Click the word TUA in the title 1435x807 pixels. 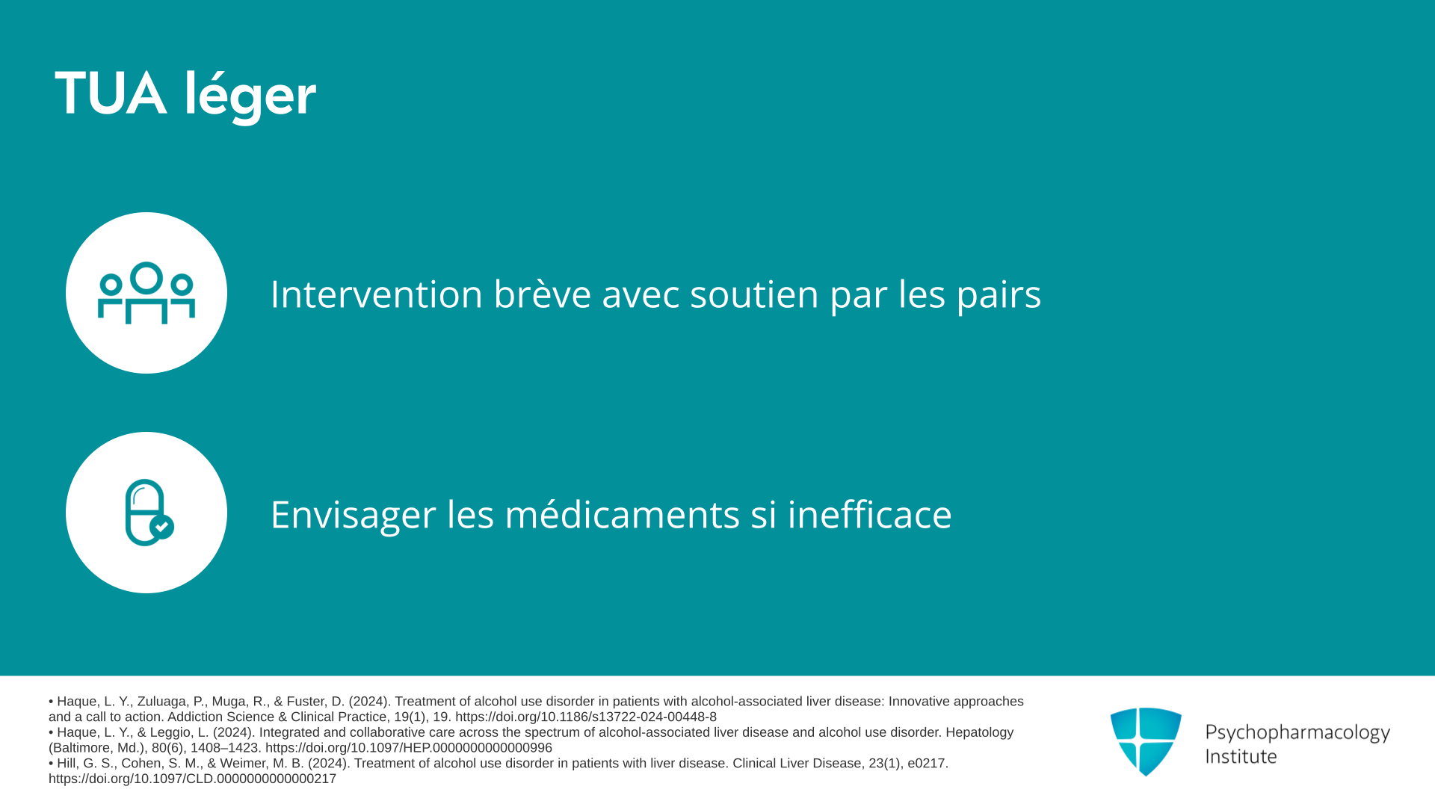click(111, 94)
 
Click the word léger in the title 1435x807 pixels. click(250, 96)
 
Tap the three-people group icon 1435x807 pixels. click(146, 293)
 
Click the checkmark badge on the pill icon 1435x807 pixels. click(162, 527)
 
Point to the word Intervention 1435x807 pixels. click(377, 294)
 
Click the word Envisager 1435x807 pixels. click(354, 516)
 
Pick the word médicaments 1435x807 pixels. click(623, 514)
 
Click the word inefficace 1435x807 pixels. click(870, 514)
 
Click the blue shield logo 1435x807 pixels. click(1146, 741)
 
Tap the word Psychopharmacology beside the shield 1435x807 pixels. click(1297, 733)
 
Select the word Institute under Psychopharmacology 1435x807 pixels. click(1241, 757)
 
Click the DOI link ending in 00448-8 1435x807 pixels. click(586, 717)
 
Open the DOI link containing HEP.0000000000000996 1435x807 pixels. click(409, 748)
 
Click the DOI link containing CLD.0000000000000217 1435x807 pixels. click(192, 779)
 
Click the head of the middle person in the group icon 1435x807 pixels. click(146, 277)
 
